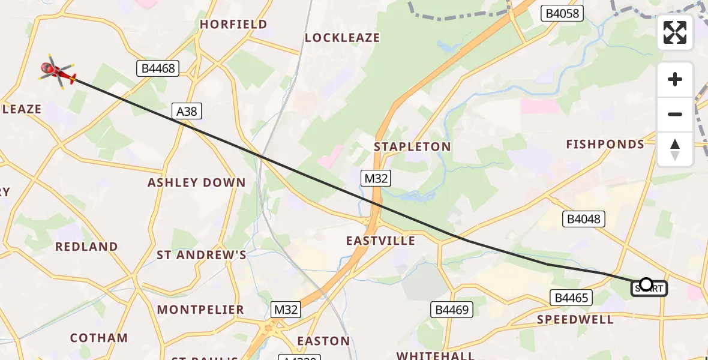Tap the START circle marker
646,284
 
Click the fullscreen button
675,32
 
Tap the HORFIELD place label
233,25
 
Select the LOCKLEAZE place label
342,38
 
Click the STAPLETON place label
412,147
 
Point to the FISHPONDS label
605,145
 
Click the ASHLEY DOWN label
197,182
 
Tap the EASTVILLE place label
380,241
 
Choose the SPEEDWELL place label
575,319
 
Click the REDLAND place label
86,247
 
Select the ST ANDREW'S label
202,255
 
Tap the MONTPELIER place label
200,310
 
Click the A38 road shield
187,111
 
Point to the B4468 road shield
158,68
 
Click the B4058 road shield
562,13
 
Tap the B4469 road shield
452,310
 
